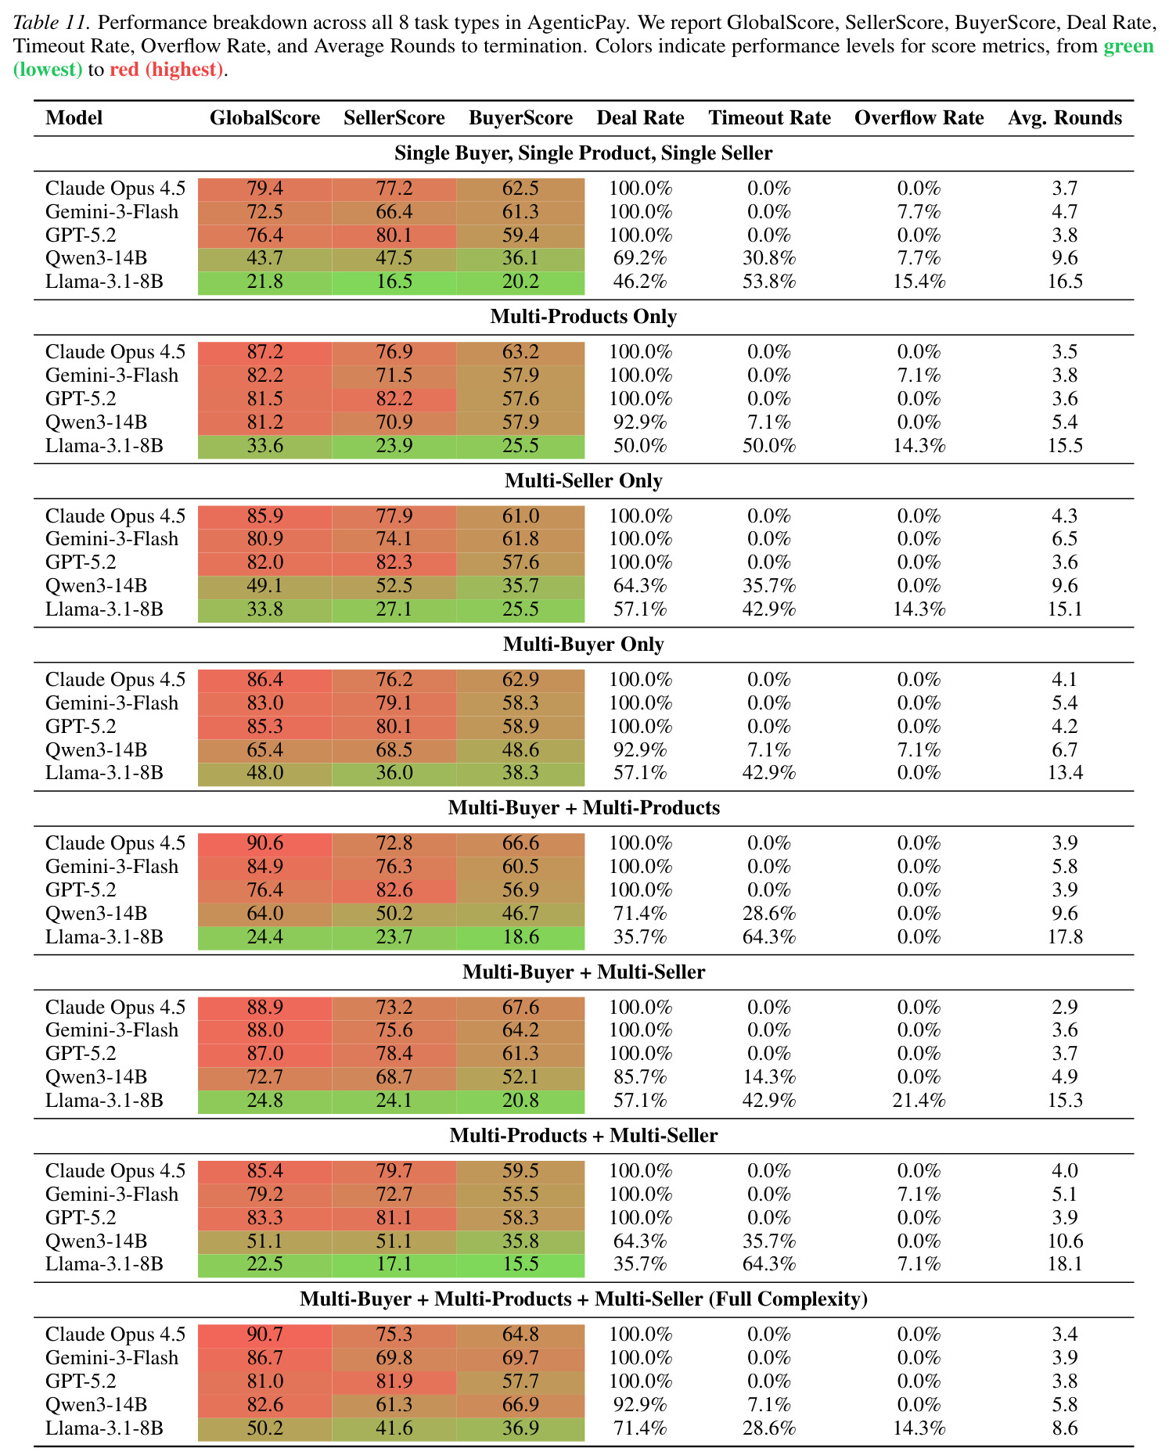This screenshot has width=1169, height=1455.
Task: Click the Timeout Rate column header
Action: coord(769,118)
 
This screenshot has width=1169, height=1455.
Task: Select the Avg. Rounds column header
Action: coord(1065,118)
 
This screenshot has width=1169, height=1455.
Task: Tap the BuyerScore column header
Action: coord(520,118)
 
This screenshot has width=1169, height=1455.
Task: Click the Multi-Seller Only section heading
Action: coord(584,480)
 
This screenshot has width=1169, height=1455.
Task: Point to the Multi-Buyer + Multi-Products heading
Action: coord(584,807)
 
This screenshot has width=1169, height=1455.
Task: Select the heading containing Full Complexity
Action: coord(584,1299)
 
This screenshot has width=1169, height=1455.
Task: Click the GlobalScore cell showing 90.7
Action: coord(264,1334)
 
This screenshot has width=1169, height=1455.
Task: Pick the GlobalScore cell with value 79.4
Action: coord(264,189)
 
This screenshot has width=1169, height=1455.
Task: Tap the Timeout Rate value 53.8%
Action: coord(769,282)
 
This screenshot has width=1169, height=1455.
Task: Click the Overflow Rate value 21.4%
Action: coord(919,1101)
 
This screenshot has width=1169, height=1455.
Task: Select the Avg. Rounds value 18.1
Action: coord(1065,1264)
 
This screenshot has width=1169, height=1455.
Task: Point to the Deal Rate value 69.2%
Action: coord(640,258)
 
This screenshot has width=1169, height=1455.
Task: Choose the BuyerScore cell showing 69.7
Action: coord(520,1357)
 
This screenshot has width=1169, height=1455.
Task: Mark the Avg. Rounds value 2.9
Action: coord(1065,1007)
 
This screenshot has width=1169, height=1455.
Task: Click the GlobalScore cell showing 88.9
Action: coord(264,1007)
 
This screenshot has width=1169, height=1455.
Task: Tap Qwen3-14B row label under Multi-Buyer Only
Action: coord(96,750)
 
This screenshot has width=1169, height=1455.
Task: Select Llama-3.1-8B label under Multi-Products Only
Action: coord(104,446)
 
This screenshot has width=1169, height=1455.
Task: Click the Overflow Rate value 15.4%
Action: coord(919,282)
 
